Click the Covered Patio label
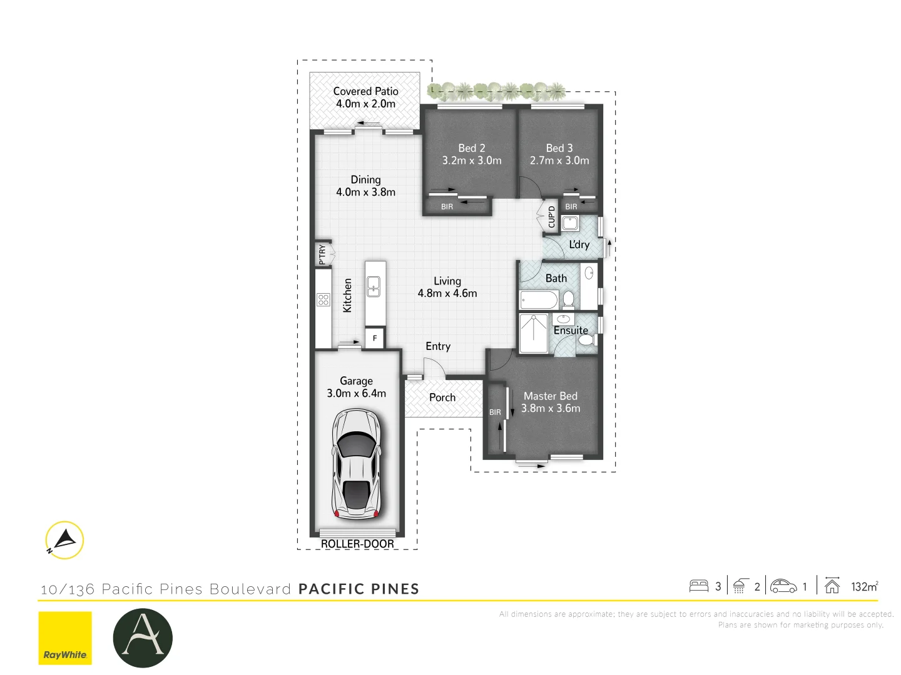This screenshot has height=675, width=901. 365,91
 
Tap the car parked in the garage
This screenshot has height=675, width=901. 356,464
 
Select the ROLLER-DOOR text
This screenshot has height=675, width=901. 357,544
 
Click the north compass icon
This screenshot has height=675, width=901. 64,540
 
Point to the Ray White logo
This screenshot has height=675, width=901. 65,637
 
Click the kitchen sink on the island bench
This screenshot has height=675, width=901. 374,287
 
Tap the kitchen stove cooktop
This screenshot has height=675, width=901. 323,299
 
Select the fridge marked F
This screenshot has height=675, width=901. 375,338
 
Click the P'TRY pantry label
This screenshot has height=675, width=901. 322,254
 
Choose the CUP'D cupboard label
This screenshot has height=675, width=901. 551,216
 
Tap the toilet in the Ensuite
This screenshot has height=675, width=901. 586,340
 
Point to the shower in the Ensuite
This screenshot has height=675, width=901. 534,333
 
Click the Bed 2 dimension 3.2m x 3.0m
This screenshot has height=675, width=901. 472,161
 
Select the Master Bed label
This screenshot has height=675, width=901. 551,396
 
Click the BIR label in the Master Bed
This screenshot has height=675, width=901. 495,412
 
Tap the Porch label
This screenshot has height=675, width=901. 442,397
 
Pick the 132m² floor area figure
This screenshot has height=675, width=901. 865,586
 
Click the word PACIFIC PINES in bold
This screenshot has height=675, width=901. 359,589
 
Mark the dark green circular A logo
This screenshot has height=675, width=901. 143,637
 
